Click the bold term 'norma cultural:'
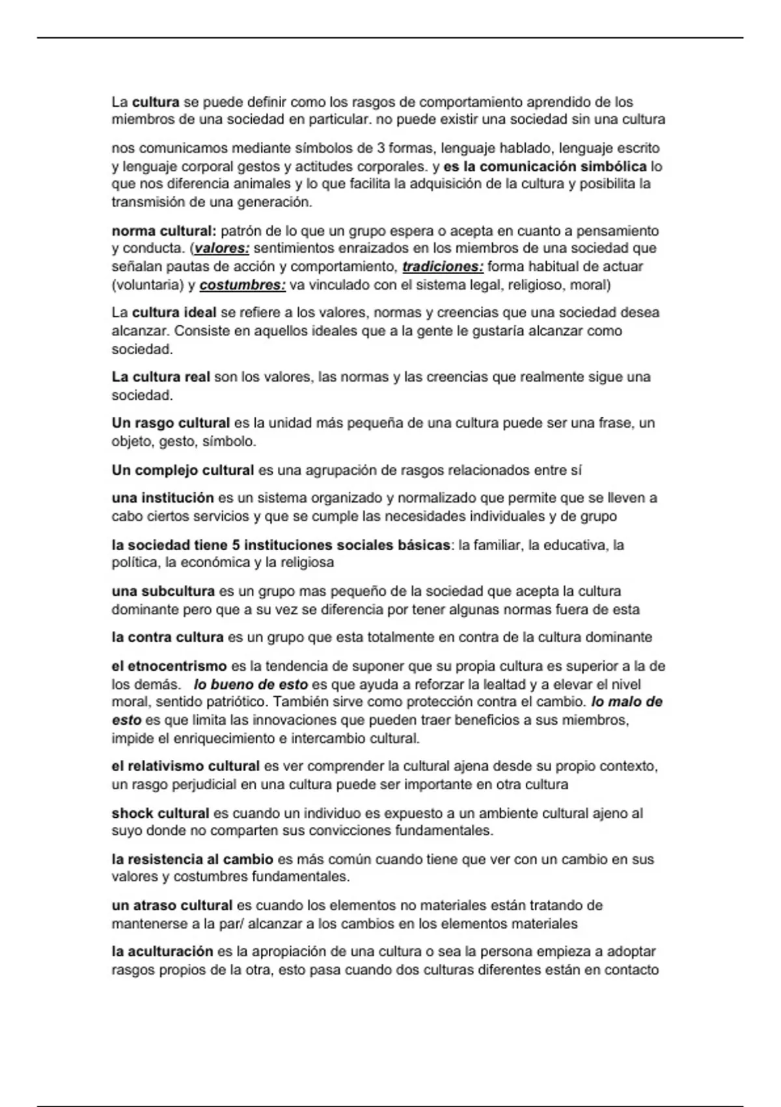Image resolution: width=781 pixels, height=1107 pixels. pos(164,231)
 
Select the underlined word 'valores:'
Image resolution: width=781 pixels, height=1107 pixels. pos(222,249)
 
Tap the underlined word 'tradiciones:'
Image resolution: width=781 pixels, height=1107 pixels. pos(443,267)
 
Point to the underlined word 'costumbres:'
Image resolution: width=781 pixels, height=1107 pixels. pos(242,285)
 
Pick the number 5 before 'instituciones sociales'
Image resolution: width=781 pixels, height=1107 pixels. pos(236,545)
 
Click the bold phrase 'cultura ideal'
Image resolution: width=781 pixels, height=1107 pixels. pos(174,313)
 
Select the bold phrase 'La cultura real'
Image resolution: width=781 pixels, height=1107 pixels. pos(161,378)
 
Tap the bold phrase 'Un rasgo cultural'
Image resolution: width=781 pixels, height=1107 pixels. pos(171,423)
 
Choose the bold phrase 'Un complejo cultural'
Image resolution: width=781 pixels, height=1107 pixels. pos(183,470)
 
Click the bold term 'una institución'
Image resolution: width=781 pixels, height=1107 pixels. pos(163,499)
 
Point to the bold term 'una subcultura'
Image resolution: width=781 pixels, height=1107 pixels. pos(163,592)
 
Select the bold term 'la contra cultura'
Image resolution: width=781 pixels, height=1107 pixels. pos(167,638)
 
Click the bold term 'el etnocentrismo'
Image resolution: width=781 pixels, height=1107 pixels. pos(169,667)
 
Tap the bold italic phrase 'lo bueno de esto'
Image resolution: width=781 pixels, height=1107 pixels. pos(251,685)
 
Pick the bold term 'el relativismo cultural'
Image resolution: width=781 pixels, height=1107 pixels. pos(185,766)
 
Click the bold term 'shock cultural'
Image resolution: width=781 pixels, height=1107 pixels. pos(160,813)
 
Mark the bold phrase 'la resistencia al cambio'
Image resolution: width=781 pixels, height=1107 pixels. pos(192,860)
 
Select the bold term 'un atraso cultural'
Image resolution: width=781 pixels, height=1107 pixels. pos(172,906)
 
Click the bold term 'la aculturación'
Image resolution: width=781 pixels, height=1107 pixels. pos(162,952)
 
